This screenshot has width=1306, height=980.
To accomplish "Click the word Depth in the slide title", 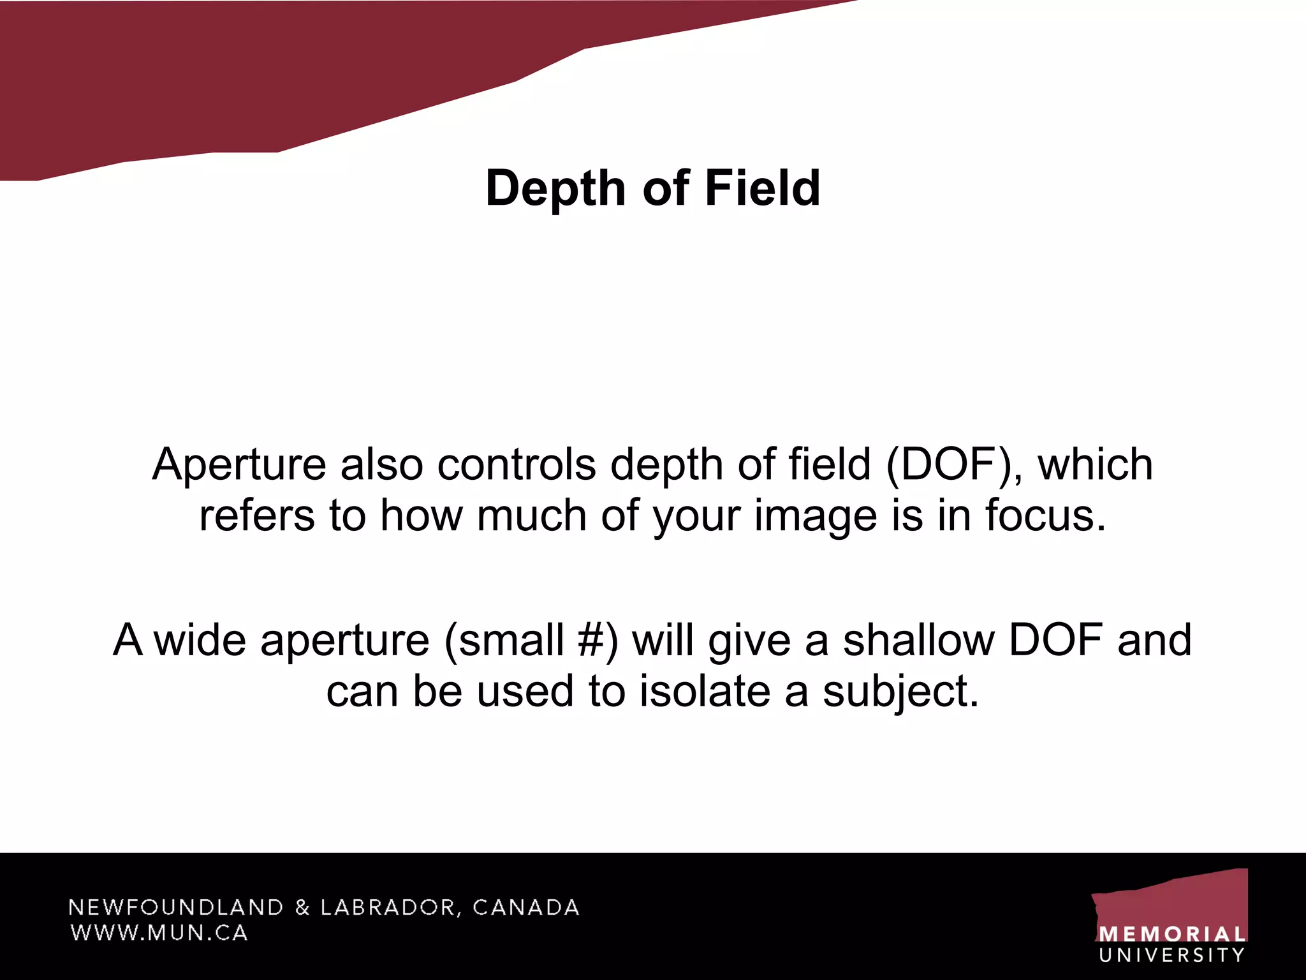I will coord(555,189).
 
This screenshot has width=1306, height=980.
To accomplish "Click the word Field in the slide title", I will coord(762,189).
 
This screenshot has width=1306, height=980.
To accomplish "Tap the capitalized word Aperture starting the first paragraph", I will coord(239,464).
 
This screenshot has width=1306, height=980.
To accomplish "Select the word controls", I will coord(517,464).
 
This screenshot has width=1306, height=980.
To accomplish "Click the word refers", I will coord(256,516).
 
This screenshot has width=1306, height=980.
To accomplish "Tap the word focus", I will coord(1046,516).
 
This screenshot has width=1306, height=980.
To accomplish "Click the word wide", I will coord(201,640).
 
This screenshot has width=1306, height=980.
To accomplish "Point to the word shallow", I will coord(919,640).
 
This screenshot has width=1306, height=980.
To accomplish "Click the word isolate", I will coord(705,691).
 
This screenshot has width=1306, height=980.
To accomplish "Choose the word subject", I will coord(900,691).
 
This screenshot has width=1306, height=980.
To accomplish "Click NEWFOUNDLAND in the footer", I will coord(176,907).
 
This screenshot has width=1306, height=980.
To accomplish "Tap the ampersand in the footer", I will coord(302,907).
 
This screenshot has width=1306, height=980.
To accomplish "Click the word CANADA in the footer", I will coord(526,907).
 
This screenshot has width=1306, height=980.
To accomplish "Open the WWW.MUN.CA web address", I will coord(159,933).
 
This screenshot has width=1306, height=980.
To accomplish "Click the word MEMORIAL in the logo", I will coord(1172,935).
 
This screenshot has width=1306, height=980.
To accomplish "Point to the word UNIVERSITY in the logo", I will coord(1172,955).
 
